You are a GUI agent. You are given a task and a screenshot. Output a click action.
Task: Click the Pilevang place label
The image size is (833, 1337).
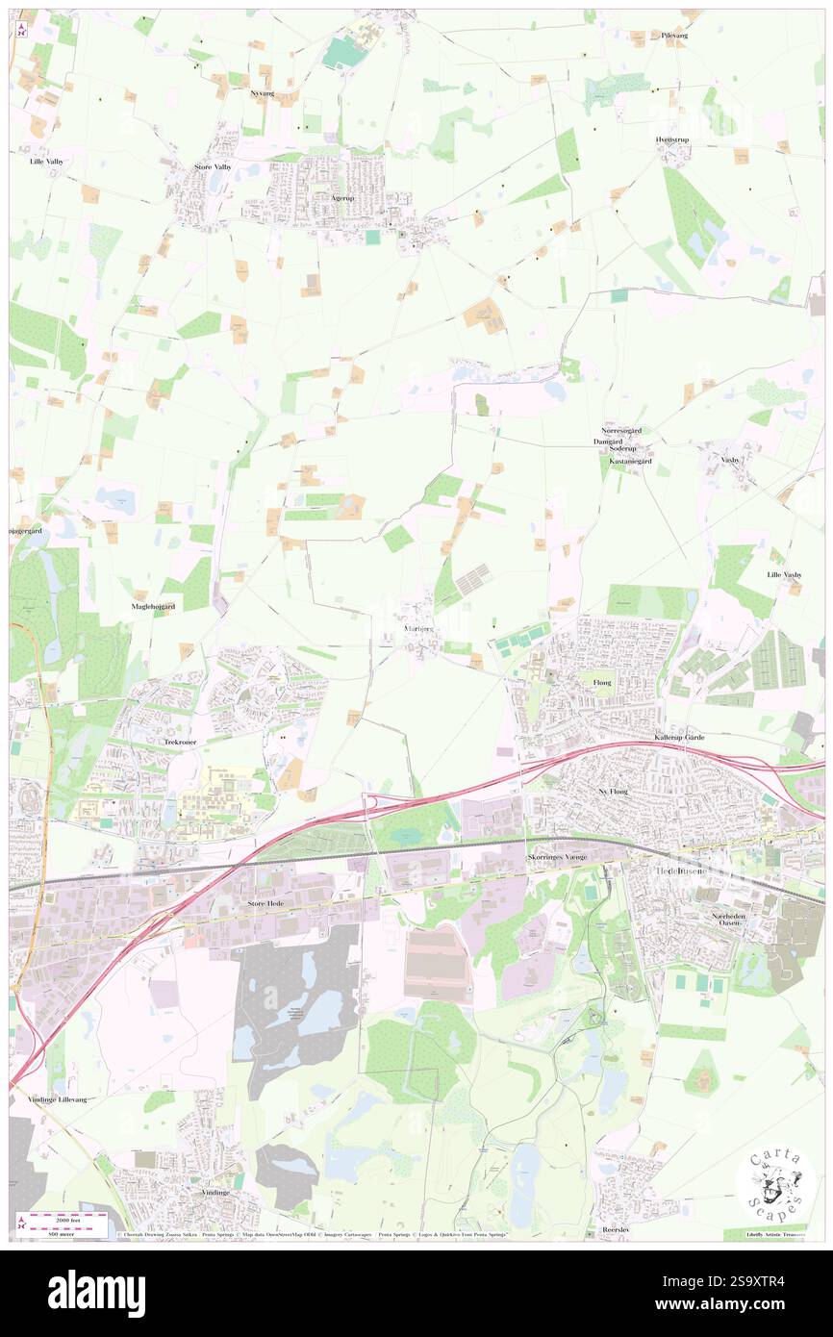(674, 35)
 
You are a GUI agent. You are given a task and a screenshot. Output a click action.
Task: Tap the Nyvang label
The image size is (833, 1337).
(262, 93)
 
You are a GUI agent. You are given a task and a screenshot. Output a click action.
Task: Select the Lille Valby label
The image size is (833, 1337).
(46, 162)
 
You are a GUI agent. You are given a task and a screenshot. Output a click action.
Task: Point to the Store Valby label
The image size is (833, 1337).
(213, 166)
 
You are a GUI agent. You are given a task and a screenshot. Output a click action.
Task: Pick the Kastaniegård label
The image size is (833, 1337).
(631, 462)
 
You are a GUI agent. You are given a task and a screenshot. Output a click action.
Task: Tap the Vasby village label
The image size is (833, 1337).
(731, 459)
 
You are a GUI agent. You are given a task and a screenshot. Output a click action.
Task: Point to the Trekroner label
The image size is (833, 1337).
(180, 742)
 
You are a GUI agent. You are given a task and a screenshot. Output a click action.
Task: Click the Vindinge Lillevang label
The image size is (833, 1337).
(57, 1098)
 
